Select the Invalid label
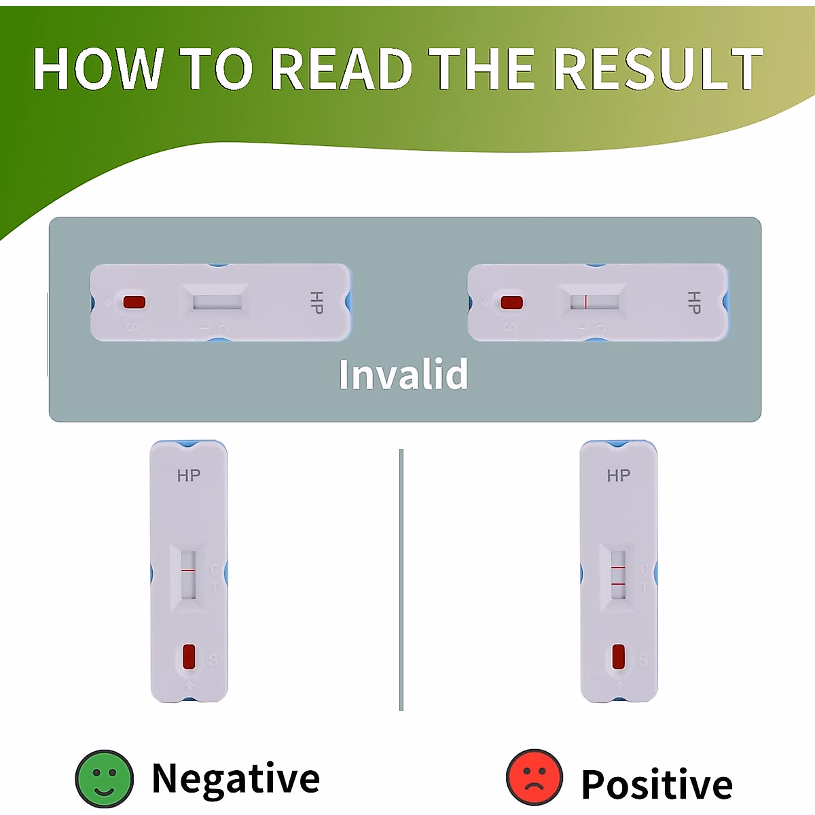(403, 374)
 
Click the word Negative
(236, 778)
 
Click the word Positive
(657, 784)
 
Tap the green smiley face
(104, 779)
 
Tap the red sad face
(535, 778)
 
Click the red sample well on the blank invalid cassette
(134, 302)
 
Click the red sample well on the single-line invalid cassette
(511, 302)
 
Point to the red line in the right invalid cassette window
(585, 302)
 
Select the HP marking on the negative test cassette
(189, 475)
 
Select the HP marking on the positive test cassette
(618, 475)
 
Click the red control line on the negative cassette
(188, 570)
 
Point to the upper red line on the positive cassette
(618, 566)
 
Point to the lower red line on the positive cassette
(618, 584)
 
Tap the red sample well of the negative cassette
(189, 656)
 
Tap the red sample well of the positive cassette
(618, 657)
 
